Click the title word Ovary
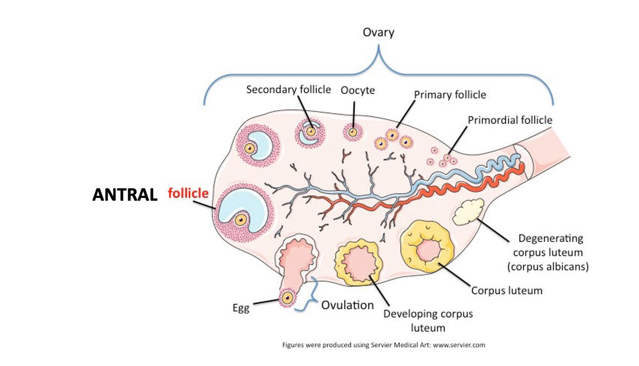point(379,32)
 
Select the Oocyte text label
point(358,90)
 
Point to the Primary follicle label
point(450,94)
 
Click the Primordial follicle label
point(510,120)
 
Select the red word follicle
point(188,193)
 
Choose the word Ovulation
point(347,305)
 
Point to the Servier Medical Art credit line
point(383,345)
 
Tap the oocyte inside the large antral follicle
point(241,219)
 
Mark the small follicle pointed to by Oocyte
point(352,131)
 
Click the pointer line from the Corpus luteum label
point(456,276)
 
